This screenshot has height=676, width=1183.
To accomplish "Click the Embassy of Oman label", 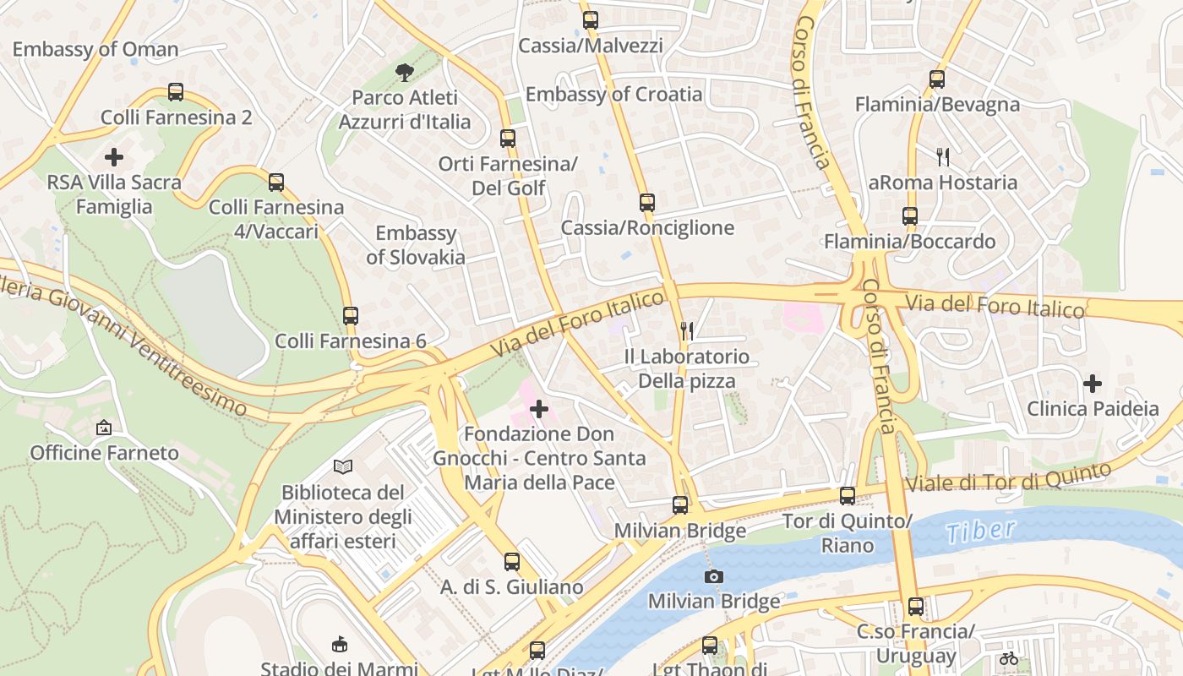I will pyautogui.click(x=95, y=49).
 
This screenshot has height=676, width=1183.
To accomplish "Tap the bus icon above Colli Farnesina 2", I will pyautogui.click(x=176, y=92).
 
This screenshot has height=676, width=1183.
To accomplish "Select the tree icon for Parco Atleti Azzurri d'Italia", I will pyautogui.click(x=405, y=72).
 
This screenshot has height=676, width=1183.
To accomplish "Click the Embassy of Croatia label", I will pyautogui.click(x=613, y=94).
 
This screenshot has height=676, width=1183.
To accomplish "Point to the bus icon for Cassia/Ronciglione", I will pyautogui.click(x=647, y=203).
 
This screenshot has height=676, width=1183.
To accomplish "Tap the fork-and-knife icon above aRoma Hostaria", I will pyautogui.click(x=943, y=156).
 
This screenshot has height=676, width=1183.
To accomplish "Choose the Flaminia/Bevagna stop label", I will pyautogui.click(x=937, y=105).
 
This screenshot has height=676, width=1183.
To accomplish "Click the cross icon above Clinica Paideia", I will pyautogui.click(x=1093, y=384).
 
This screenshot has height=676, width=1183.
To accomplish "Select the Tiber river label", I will pyautogui.click(x=980, y=531).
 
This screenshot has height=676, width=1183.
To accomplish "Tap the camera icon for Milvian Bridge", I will pyautogui.click(x=714, y=576).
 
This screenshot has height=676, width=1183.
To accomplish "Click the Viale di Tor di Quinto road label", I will pyautogui.click(x=1007, y=477).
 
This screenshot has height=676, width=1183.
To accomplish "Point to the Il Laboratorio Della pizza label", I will pyautogui.click(x=686, y=368).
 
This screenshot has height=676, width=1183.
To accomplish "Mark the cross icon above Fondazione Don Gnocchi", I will pyautogui.click(x=539, y=410).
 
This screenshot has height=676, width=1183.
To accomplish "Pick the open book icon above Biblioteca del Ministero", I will pyautogui.click(x=343, y=466).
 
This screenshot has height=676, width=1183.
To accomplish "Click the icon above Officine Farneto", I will pyautogui.click(x=104, y=428).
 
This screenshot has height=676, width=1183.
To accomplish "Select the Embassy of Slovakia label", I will pyautogui.click(x=416, y=245).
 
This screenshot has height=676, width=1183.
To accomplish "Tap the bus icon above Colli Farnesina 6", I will pyautogui.click(x=351, y=316).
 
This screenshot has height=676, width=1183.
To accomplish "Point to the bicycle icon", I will pyautogui.click(x=1008, y=657).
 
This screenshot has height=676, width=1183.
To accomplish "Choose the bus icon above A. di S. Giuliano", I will pyautogui.click(x=512, y=562).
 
